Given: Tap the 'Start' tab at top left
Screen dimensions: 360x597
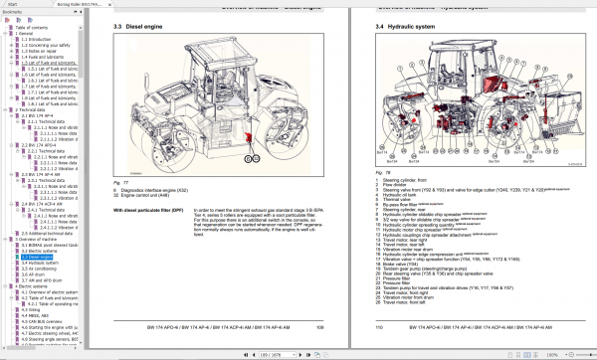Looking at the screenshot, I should pyautogui.click(x=12, y=4).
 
